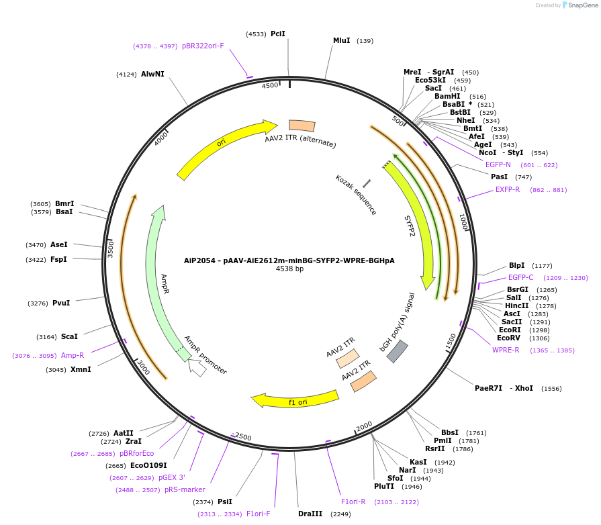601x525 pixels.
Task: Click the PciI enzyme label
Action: click(x=278, y=34)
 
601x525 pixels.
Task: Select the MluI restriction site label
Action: click(x=342, y=40)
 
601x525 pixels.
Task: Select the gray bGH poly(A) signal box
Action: click(x=398, y=351)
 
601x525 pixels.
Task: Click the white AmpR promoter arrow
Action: click(x=197, y=367)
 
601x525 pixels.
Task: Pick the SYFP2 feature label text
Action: click(x=410, y=226)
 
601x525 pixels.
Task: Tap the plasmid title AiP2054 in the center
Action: click(x=289, y=260)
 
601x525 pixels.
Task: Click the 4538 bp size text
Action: click(x=289, y=269)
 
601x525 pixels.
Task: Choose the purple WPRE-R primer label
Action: click(x=506, y=350)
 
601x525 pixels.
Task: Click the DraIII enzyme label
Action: click(x=310, y=514)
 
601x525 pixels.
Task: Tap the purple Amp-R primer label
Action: click(x=73, y=355)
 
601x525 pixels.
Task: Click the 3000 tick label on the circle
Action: click(x=143, y=367)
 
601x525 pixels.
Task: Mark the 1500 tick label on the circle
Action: click(x=451, y=340)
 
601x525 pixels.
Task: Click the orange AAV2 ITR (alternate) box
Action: click(x=302, y=126)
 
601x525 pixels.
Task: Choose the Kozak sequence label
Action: click(x=356, y=195)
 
